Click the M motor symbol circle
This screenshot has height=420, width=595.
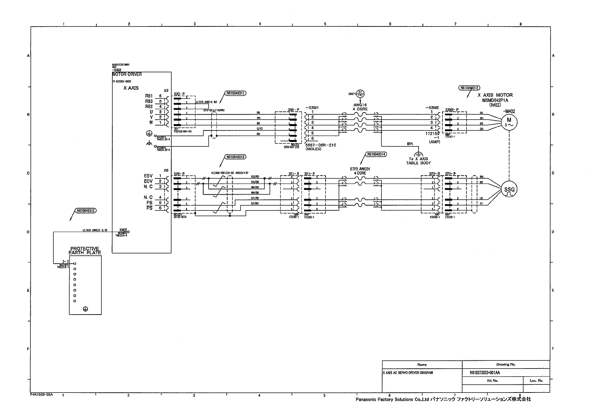pos(509,122)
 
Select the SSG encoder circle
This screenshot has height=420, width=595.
pos(509,190)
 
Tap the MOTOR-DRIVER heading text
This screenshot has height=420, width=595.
pos(127,74)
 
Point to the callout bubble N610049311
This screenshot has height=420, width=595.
pos(235,93)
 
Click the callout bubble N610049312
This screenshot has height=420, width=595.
pos(469,88)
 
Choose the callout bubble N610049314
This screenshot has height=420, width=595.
pos(376,154)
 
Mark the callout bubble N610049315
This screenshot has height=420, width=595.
pos(85,211)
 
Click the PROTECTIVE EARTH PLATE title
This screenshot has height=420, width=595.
pos(85,250)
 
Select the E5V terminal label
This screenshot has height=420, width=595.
pos(148,176)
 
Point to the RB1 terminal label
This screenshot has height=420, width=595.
pos(149,96)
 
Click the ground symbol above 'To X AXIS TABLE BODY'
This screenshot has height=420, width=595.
pos(418,154)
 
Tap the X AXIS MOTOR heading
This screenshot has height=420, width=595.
pos(495,95)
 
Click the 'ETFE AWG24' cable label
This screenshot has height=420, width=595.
pos(360,169)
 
